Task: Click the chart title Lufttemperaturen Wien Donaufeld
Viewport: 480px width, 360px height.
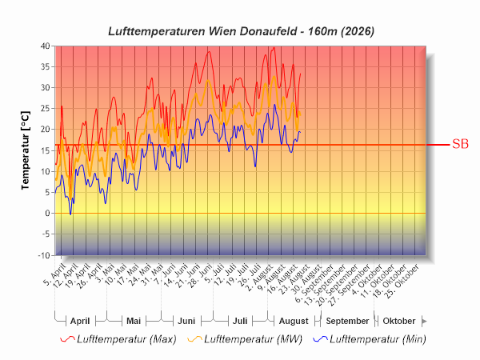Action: click(x=202, y=31)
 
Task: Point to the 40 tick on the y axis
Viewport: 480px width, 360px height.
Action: click(x=45, y=46)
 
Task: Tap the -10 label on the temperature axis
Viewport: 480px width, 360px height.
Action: click(x=44, y=255)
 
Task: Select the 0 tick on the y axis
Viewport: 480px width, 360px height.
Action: click(x=47, y=213)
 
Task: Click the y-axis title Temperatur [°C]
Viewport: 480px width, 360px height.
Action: click(x=26, y=150)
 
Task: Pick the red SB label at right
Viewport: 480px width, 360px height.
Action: click(x=460, y=144)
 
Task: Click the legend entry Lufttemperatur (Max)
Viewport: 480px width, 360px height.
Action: click(x=126, y=339)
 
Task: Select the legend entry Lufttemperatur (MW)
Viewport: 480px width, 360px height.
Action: click(x=253, y=339)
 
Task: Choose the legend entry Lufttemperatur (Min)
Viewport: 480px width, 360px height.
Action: click(x=378, y=339)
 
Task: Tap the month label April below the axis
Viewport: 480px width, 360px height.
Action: click(x=80, y=321)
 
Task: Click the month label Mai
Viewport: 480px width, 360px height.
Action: click(x=134, y=321)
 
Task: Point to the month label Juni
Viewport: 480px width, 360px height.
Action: click(x=186, y=321)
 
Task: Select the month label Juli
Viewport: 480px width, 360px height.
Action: click(x=240, y=321)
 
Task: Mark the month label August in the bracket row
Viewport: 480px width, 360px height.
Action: click(x=294, y=321)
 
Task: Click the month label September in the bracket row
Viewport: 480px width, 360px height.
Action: click(x=347, y=321)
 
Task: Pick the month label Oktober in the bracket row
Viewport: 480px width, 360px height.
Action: click(x=399, y=321)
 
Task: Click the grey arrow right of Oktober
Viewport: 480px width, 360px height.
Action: click(x=424, y=321)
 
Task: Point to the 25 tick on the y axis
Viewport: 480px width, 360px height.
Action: click(x=45, y=108)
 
